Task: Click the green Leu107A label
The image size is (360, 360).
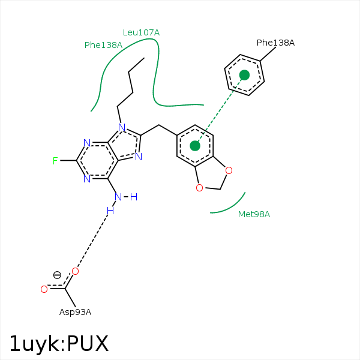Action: [x=141, y=32]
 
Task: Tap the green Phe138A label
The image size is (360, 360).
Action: [x=103, y=45]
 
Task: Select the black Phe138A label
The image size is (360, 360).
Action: [x=275, y=43]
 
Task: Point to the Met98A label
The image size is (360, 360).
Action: [x=254, y=214]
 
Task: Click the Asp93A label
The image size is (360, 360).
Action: [x=76, y=312]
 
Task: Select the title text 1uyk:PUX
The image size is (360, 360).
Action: [x=59, y=343]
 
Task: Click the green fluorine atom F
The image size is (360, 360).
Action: [x=55, y=161]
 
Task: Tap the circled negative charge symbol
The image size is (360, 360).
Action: [x=57, y=275]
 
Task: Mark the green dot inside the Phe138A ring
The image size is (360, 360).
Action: [x=244, y=75]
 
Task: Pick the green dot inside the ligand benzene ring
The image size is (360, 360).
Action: [x=195, y=146]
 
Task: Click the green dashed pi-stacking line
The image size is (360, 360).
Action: [x=220, y=110]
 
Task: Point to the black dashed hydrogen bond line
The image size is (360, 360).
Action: [x=92, y=241]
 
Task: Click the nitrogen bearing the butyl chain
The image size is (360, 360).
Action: [x=122, y=127]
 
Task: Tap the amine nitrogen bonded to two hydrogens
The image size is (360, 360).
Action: [x=118, y=197]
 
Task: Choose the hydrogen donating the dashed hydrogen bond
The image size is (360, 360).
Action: [x=110, y=211]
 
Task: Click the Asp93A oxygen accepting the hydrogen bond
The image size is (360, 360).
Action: [x=75, y=271]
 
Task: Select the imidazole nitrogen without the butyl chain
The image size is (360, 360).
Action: [x=139, y=157]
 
